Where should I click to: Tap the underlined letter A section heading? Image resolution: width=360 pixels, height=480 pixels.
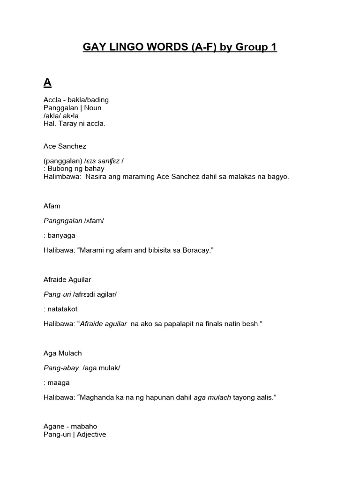[47, 83]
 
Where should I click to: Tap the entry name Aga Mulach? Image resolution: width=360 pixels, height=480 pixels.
[62, 353]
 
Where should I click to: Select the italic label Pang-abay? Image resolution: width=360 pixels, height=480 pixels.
[61, 368]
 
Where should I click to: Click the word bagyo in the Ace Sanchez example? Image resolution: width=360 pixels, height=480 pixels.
[278, 177]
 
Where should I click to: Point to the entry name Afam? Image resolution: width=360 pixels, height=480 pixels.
[52, 206]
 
